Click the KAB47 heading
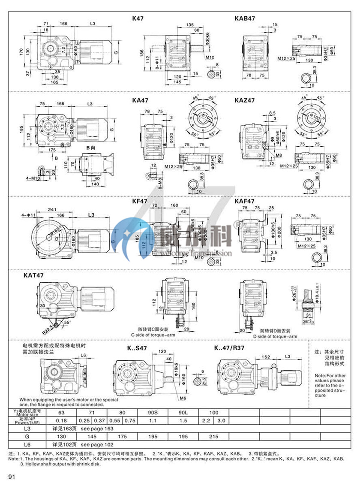coord(245,19)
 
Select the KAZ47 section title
coord(245,100)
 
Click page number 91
coord(12,476)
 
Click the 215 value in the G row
coord(213,435)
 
